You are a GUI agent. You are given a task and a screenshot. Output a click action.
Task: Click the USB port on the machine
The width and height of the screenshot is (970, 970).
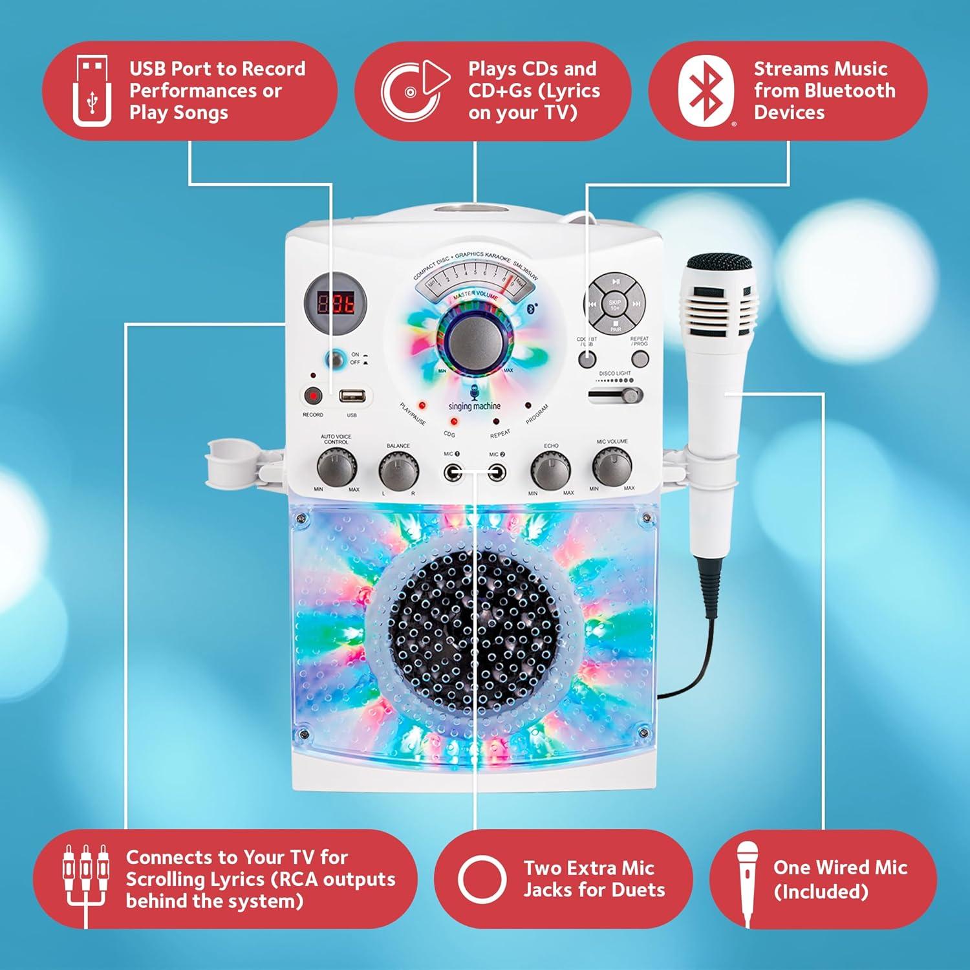pos(352,396)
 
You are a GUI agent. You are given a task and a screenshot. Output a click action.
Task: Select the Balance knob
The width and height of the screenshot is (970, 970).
pos(398,470)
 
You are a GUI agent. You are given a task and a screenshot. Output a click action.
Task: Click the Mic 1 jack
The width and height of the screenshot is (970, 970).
pos(453,472)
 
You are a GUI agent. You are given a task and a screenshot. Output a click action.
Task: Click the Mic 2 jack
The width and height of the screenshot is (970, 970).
pos(497,472)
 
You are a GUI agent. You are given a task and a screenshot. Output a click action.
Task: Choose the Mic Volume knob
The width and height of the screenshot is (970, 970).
pos(612,467)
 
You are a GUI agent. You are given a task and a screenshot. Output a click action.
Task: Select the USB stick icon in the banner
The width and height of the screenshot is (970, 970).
pos(92,91)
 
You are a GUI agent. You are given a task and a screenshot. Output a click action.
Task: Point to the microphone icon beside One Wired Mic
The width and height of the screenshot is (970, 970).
pos(748,881)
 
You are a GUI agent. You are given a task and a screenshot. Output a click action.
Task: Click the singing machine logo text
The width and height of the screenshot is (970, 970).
pos(474,406)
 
